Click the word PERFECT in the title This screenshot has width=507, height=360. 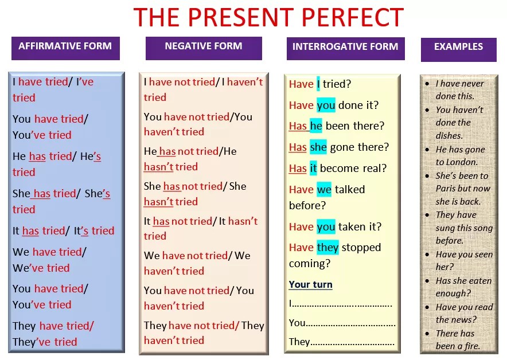tap(353, 17)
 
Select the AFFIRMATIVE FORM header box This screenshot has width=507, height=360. tap(65, 48)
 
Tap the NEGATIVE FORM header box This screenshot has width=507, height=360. tap(204, 48)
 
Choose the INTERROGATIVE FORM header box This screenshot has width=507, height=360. tap(346, 49)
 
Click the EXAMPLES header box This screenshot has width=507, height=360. tap(458, 49)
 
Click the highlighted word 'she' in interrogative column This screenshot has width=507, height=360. tap(318, 147)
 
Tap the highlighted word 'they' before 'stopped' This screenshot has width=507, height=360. tap(327, 247)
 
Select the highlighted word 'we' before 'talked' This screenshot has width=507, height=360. tap(324, 189)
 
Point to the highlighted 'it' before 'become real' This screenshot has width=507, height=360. tap(313, 168)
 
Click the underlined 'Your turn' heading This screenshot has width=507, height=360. tap(310, 284)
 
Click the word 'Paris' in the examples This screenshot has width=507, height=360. tap(446, 189)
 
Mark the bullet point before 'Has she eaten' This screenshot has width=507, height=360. tap(427, 281)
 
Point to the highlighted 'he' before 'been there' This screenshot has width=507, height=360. tap(316, 126)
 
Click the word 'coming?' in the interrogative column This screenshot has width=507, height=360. tap(310, 264)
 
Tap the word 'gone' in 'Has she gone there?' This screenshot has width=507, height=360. tap(342, 148)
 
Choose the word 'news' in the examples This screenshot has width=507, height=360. tap(463, 320)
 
